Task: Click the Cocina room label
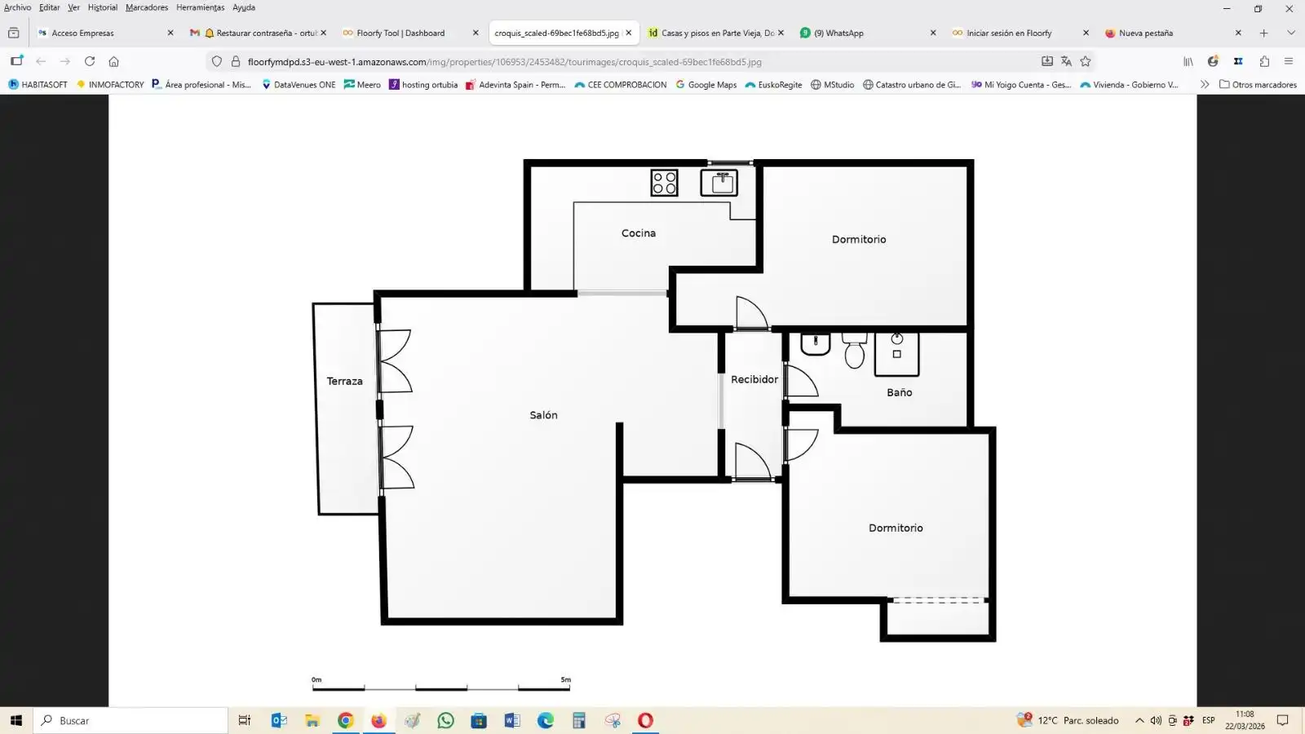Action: pos(639,233)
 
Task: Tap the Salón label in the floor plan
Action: pos(543,415)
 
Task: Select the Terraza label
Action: pos(344,381)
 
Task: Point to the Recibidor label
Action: pos(754,379)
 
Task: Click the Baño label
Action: pos(900,392)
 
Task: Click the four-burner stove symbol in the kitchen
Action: pos(664,183)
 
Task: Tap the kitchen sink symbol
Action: pos(719,183)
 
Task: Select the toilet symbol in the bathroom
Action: pos(855,351)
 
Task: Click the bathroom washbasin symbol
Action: pos(815,343)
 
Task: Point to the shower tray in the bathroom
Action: pos(897,354)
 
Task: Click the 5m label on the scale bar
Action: pos(566,679)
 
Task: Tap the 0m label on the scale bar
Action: pos(316,679)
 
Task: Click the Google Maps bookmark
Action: pos(706,85)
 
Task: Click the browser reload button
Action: pos(89,61)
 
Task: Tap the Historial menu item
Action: pos(103,7)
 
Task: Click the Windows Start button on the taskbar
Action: pos(16,721)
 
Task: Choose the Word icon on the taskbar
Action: pos(512,721)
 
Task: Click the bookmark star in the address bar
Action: pos(1086,61)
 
